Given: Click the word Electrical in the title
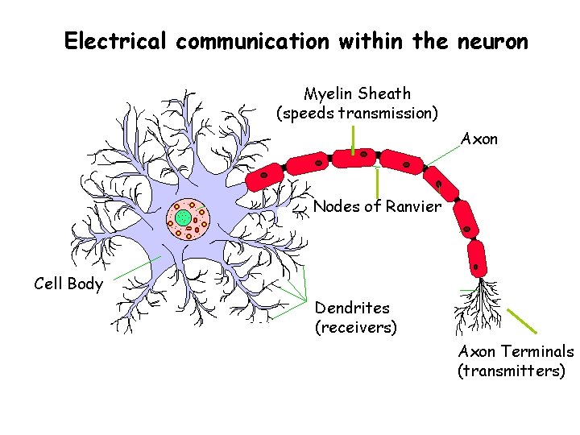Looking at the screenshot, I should click(x=117, y=41).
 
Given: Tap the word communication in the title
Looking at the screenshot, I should click(x=252, y=41).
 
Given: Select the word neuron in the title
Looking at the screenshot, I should click(x=493, y=41).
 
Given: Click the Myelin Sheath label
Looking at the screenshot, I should click(x=357, y=94).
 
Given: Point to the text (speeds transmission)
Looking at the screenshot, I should click(x=357, y=114).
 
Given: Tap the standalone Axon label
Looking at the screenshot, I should click(x=479, y=139).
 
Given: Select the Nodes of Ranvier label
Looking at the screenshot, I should click(x=377, y=207).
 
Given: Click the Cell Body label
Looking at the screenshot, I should click(x=68, y=284).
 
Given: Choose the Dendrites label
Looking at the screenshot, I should click(x=352, y=308).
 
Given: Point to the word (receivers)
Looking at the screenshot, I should click(x=355, y=328).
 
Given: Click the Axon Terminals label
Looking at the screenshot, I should click(x=516, y=351).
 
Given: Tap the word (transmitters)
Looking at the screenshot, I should click(x=512, y=371).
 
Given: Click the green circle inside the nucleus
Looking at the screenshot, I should click(x=183, y=217).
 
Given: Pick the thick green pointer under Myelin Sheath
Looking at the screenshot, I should click(x=353, y=139).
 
